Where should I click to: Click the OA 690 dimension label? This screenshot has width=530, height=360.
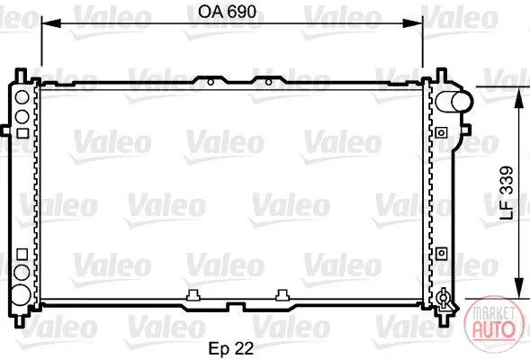click(x=227, y=12)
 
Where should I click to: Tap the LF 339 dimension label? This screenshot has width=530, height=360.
click(x=507, y=193)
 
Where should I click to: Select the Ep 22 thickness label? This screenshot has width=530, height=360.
click(x=231, y=348)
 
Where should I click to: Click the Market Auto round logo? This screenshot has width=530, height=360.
click(x=494, y=325)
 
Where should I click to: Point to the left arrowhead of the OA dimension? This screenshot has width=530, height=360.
click(x=50, y=23)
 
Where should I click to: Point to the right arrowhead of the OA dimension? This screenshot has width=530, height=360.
click(x=413, y=23)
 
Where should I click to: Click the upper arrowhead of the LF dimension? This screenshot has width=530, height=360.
click(x=518, y=98)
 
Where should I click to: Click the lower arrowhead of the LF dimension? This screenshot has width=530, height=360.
click(x=518, y=288)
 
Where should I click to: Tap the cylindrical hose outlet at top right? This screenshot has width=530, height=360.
click(x=454, y=102)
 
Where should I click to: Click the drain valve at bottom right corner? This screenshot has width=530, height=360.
click(x=443, y=300)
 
